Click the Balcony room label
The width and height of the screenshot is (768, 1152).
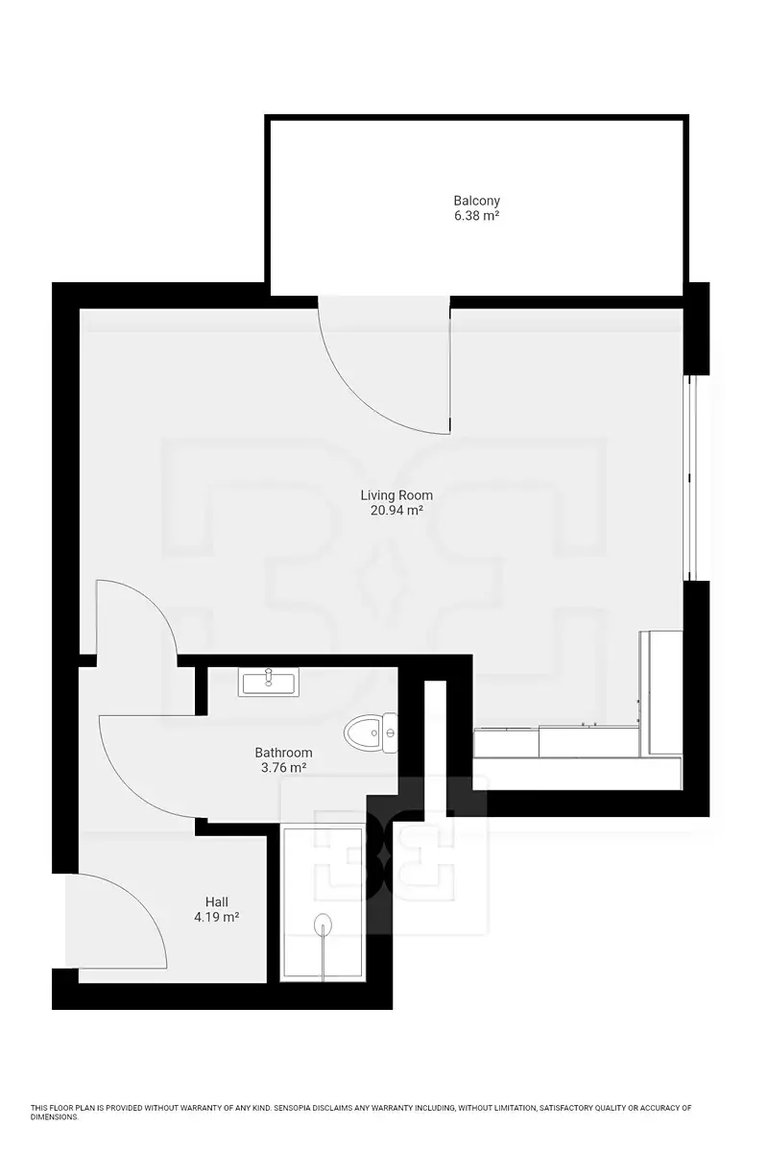pyautogui.click(x=476, y=200)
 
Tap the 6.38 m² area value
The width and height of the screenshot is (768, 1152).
pyautogui.click(x=476, y=215)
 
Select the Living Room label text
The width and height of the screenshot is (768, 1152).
pyautogui.click(x=396, y=495)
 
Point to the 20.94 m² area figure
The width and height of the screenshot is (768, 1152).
pyautogui.click(x=396, y=510)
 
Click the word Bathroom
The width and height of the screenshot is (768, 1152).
pyautogui.click(x=283, y=753)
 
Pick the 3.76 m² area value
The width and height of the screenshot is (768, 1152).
pyautogui.click(x=283, y=767)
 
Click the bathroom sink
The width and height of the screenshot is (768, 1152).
pyautogui.click(x=268, y=682)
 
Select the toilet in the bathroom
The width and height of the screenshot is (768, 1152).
pyautogui.click(x=371, y=732)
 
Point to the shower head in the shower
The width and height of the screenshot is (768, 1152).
pyautogui.click(x=323, y=924)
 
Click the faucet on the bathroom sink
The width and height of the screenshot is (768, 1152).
pyautogui.click(x=268, y=677)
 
